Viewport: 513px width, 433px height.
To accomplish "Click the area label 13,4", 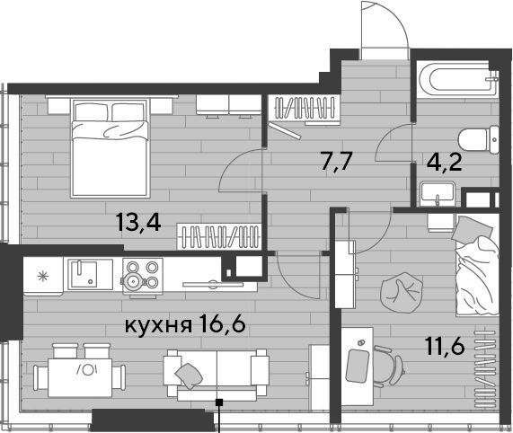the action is pos(138,224).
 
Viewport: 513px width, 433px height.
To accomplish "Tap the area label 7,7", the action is pos(336,162).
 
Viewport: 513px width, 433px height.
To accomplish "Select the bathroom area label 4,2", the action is pos(445,163).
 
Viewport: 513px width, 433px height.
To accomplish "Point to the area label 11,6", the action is pos(445,346).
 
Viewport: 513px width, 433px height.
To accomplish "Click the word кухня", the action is pos(158,326).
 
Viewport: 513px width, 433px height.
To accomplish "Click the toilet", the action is pos(478,140).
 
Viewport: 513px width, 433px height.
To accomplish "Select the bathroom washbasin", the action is pos(438,194).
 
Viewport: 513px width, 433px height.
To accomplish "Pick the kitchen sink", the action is pos(84,274).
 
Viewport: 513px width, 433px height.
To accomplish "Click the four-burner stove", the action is pos(143,277).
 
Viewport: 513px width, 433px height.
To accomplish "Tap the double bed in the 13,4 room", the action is pos(111,148).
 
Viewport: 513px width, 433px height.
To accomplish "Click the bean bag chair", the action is pos(402,293).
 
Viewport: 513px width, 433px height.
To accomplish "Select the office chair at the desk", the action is pos(388,366).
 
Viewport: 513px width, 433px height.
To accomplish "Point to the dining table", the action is pos(80,377).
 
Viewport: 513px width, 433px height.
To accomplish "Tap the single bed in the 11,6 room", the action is pos(477,265).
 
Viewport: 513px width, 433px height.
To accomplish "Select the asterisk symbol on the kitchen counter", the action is pos(43,277).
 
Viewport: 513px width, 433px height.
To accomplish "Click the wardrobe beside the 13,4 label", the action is pos(219,236).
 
